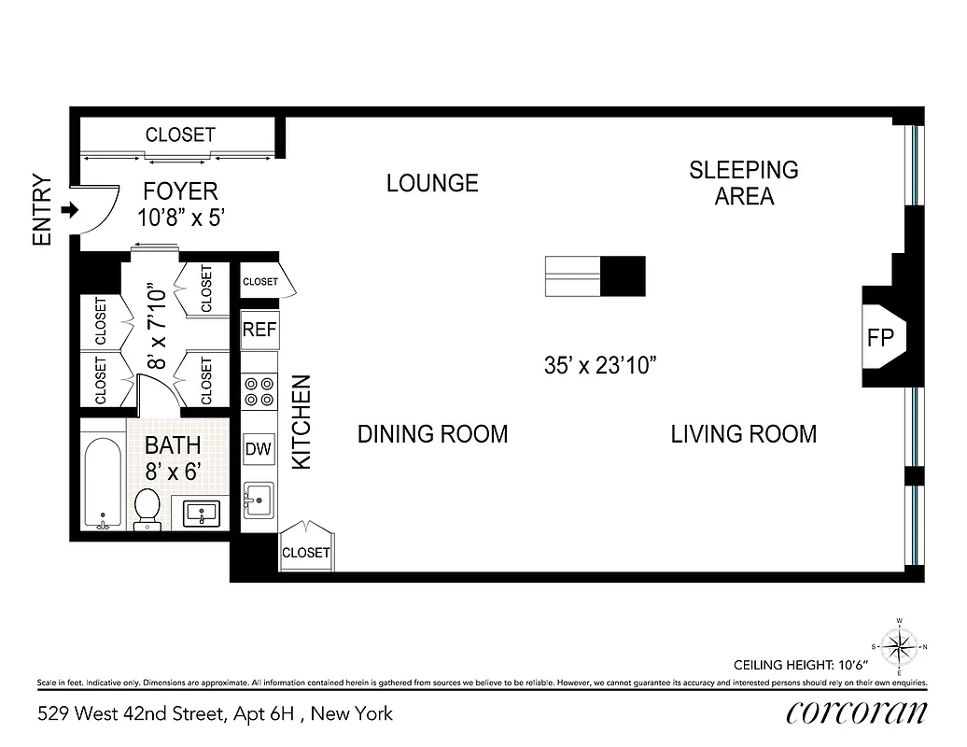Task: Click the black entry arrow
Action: [x=68, y=211]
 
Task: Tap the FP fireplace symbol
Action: [x=880, y=337]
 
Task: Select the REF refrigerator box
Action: [x=259, y=330]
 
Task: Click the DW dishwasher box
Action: [x=259, y=449]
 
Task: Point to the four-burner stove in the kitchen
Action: [x=259, y=390]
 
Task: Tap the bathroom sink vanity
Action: [x=202, y=513]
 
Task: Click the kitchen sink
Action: [x=259, y=500]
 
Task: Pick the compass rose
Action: [x=899, y=644]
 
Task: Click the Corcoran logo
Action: [x=856, y=712]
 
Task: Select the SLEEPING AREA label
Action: [x=744, y=183]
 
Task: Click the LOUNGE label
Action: [x=432, y=183]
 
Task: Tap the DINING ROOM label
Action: [x=432, y=434]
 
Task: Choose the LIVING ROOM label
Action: [x=743, y=434]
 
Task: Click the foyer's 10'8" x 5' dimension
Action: [x=180, y=218]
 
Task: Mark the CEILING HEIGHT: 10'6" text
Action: [x=800, y=665]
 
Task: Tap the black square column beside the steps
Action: [x=622, y=276]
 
